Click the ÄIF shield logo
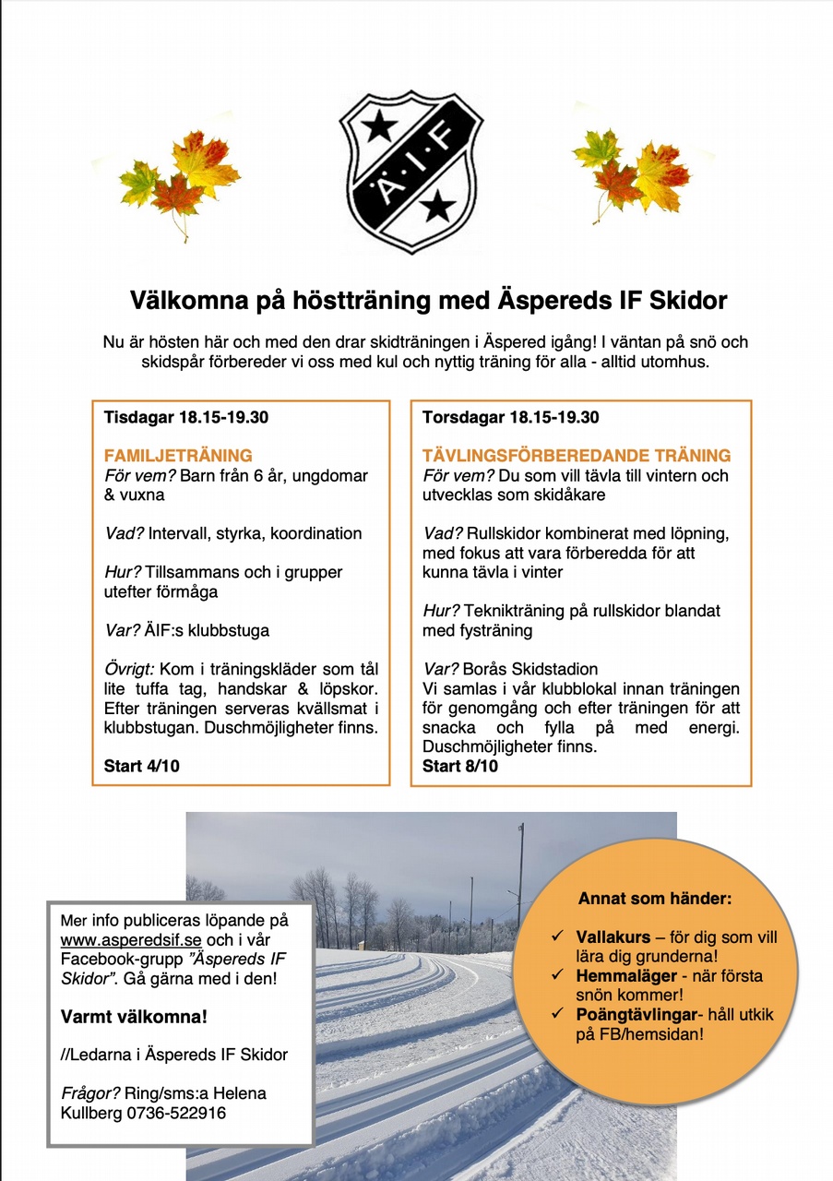(x=411, y=171)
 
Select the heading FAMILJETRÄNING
(x=178, y=456)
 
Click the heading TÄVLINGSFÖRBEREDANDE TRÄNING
(x=577, y=456)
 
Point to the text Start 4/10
(x=142, y=767)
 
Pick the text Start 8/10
(x=460, y=767)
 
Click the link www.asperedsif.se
(x=131, y=940)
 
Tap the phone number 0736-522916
(x=181, y=1113)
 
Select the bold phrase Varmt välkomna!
(x=134, y=1017)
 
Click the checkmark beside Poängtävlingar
(x=558, y=1014)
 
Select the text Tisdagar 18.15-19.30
(x=186, y=417)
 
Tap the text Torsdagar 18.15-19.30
(x=511, y=417)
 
